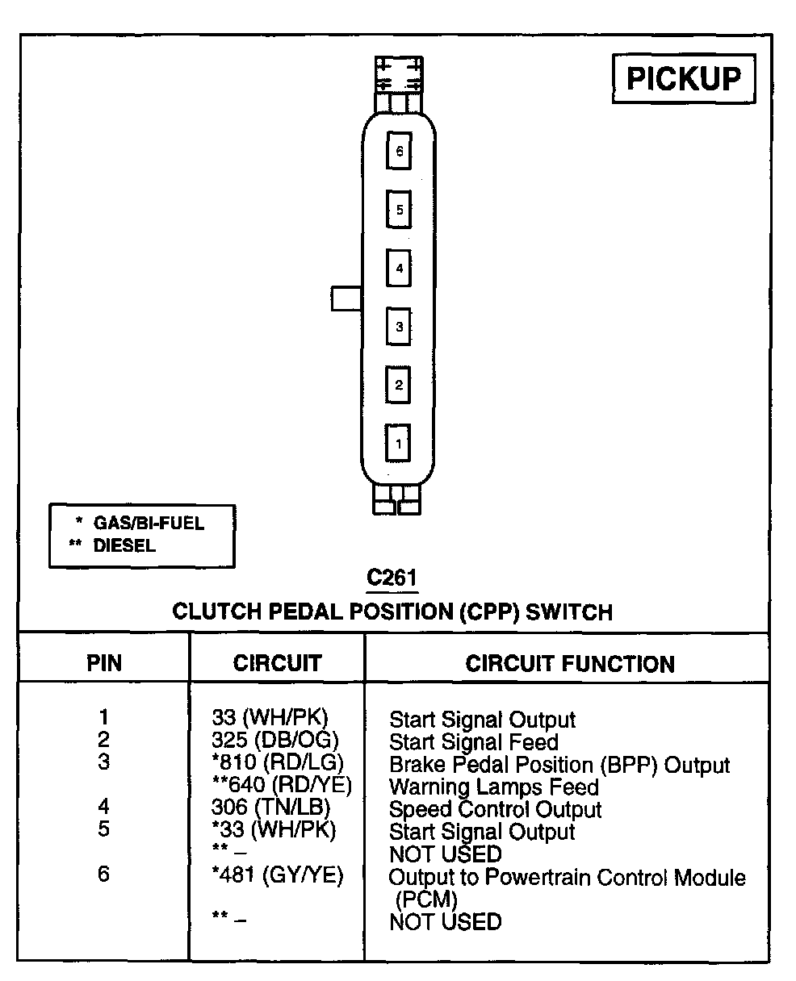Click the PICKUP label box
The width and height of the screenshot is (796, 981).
point(684,79)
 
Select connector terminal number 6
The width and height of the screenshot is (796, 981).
point(399,150)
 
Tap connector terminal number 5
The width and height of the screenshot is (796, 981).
point(399,210)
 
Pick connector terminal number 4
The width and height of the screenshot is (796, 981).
point(399,269)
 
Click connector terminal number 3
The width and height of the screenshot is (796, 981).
point(399,327)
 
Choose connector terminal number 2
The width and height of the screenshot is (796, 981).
point(399,384)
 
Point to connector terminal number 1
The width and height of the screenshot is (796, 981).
point(399,442)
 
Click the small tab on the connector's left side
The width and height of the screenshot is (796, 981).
point(346,298)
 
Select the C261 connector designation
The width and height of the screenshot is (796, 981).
point(392,578)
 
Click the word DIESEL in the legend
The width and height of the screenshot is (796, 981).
point(124,545)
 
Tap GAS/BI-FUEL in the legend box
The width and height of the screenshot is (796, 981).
point(149,523)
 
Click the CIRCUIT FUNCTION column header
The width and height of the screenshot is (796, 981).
point(570,664)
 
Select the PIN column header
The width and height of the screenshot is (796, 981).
point(104,664)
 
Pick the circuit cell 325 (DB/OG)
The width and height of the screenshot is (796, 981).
point(274,740)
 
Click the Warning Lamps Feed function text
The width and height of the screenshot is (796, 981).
point(494,787)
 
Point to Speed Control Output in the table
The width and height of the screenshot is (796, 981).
point(495,809)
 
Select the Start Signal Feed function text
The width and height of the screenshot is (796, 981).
point(474,741)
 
